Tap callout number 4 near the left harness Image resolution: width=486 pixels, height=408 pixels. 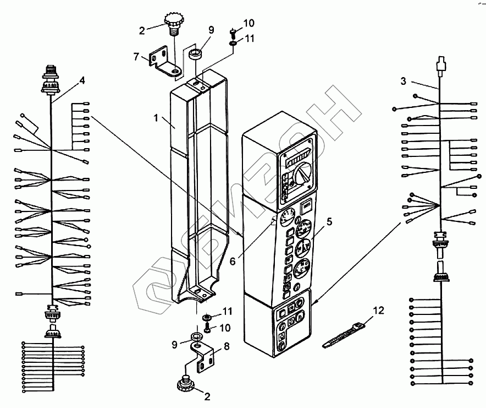[82, 80]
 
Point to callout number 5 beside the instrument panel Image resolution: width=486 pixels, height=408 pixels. [329, 222]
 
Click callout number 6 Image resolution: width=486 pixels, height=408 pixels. [233, 260]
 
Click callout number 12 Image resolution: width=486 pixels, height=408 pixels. [377, 312]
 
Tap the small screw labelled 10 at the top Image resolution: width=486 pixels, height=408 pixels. [233, 31]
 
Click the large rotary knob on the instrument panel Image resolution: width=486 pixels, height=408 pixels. [301, 176]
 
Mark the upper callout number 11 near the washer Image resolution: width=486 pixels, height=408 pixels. [249, 39]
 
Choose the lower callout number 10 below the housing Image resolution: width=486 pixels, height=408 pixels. [225, 328]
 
